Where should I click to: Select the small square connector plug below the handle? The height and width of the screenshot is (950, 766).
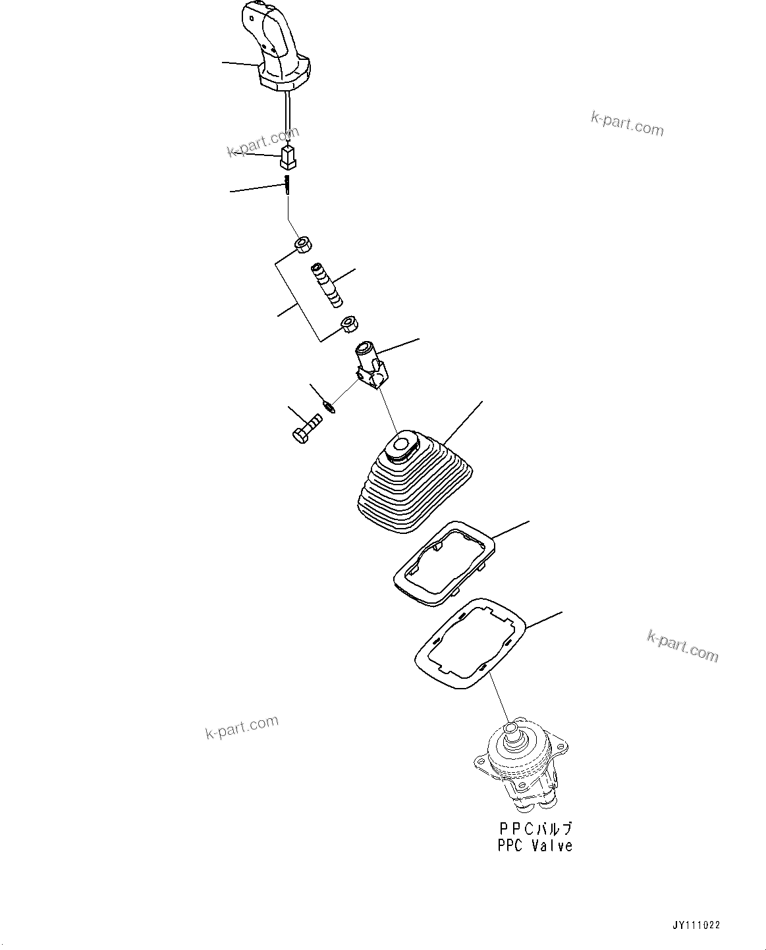(x=288, y=156)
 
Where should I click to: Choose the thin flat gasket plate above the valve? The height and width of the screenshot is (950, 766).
(x=469, y=644)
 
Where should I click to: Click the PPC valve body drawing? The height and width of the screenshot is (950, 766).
(x=520, y=767)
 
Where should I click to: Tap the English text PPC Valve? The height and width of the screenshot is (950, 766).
(x=535, y=846)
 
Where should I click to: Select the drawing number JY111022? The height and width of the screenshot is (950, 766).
(x=696, y=925)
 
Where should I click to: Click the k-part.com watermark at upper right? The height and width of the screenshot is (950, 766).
(x=627, y=123)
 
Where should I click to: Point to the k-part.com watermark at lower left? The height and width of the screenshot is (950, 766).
(x=242, y=727)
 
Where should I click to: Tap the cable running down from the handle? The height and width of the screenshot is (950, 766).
(x=288, y=115)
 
